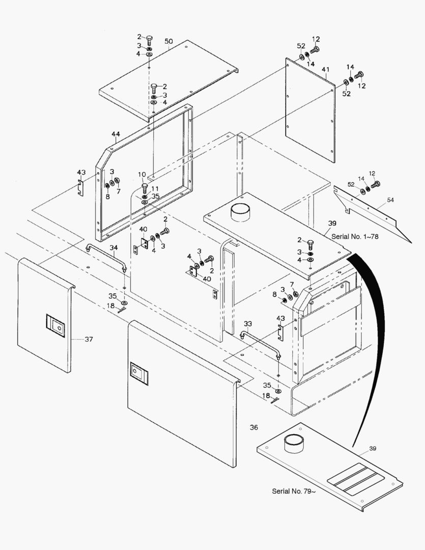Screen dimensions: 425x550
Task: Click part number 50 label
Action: pyautogui.click(x=168, y=41)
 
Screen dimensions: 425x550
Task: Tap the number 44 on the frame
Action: pyautogui.click(x=116, y=134)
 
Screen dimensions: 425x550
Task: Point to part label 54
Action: pyautogui.click(x=390, y=200)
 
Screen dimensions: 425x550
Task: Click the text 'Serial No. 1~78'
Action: pyautogui.click(x=355, y=236)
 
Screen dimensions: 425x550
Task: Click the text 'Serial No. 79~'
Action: pyautogui.click(x=294, y=491)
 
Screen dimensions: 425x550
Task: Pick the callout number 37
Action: pyautogui.click(x=89, y=339)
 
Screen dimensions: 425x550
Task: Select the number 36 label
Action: pyautogui.click(x=254, y=427)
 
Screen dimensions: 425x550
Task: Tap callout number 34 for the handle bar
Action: pyautogui.click(x=114, y=248)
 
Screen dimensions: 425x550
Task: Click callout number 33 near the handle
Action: pyautogui.click(x=247, y=323)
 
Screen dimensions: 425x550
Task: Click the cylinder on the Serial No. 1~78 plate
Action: pyautogui.click(x=240, y=212)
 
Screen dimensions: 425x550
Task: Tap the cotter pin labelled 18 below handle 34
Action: pyautogui.click(x=121, y=310)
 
